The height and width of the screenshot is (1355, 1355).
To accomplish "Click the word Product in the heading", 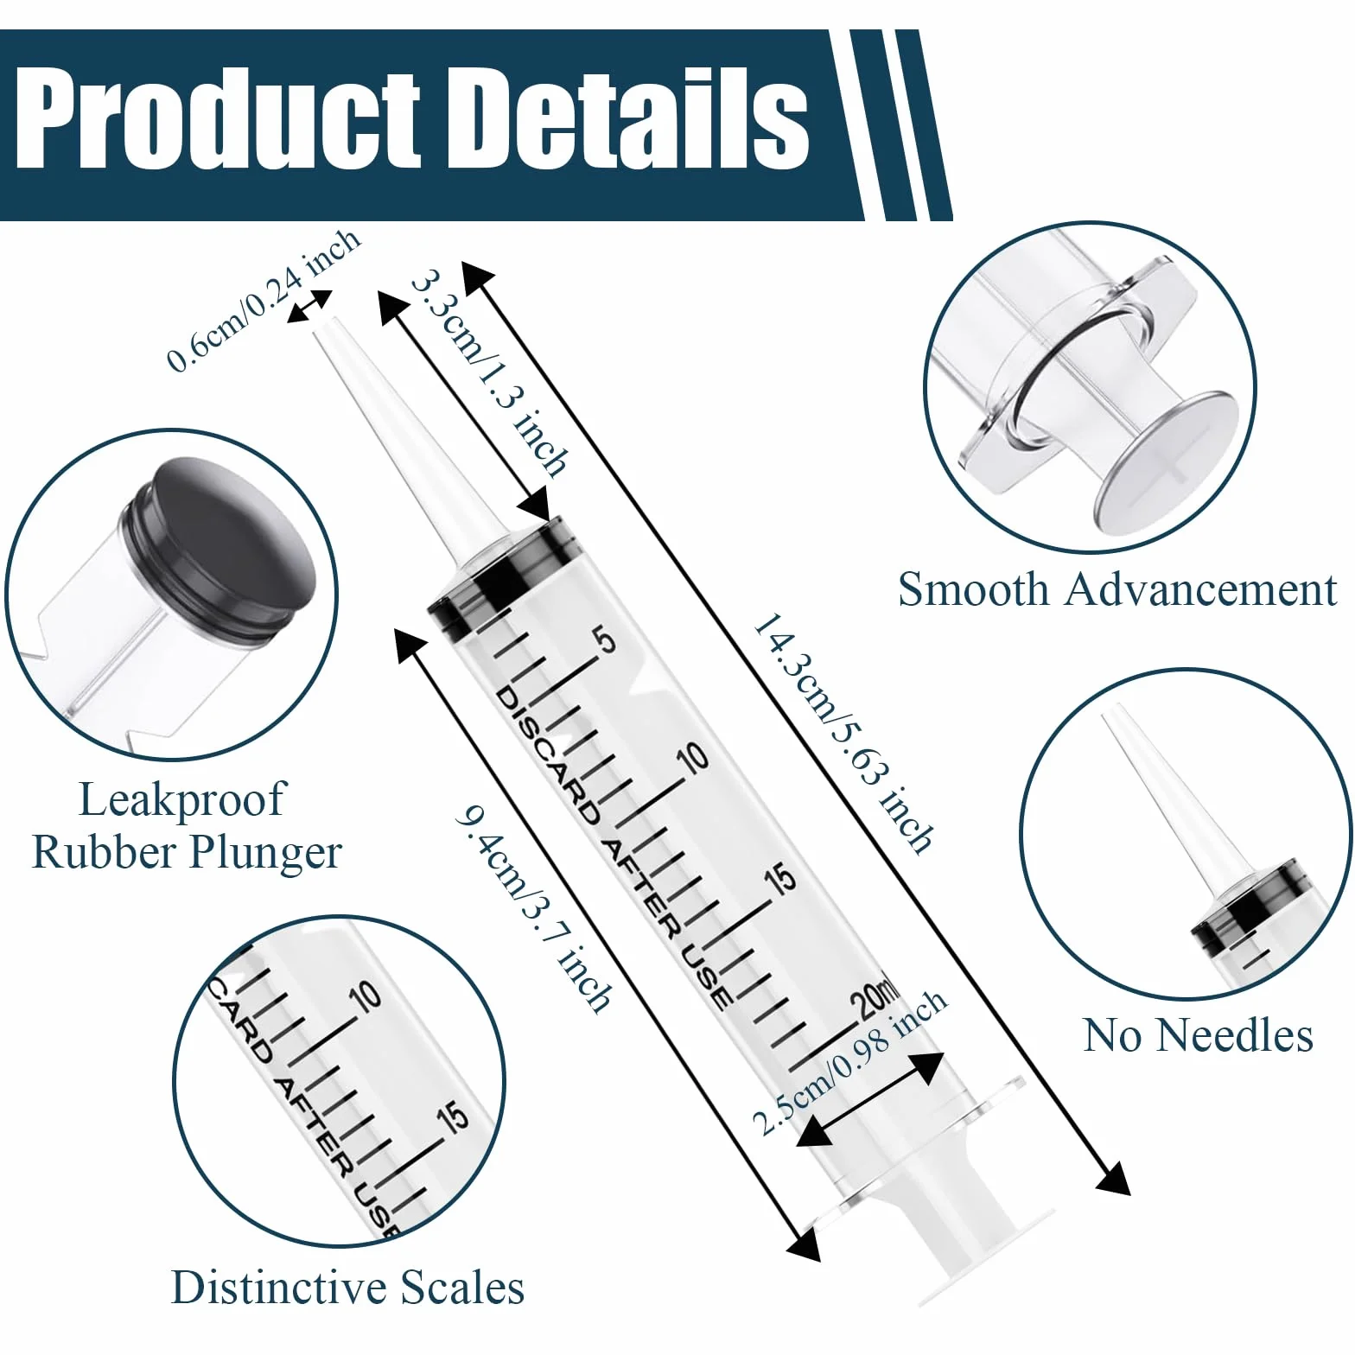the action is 218,120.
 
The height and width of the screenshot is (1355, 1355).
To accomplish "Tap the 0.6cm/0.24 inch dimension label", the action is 264,300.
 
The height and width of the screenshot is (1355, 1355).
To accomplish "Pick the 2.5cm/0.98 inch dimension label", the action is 849,1062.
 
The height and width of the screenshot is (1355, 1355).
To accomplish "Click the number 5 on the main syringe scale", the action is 607,641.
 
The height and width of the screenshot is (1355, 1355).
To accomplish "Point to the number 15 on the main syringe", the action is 780,881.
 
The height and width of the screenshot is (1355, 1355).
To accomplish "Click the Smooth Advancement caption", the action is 1117,589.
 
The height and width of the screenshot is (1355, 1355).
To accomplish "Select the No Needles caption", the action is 1199,1035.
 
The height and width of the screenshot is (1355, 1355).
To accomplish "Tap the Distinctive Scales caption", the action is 347,1287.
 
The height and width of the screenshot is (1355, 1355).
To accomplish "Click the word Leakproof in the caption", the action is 181,800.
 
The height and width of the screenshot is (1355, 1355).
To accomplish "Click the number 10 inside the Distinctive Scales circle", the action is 366,996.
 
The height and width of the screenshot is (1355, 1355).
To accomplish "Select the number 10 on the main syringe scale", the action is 692,758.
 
